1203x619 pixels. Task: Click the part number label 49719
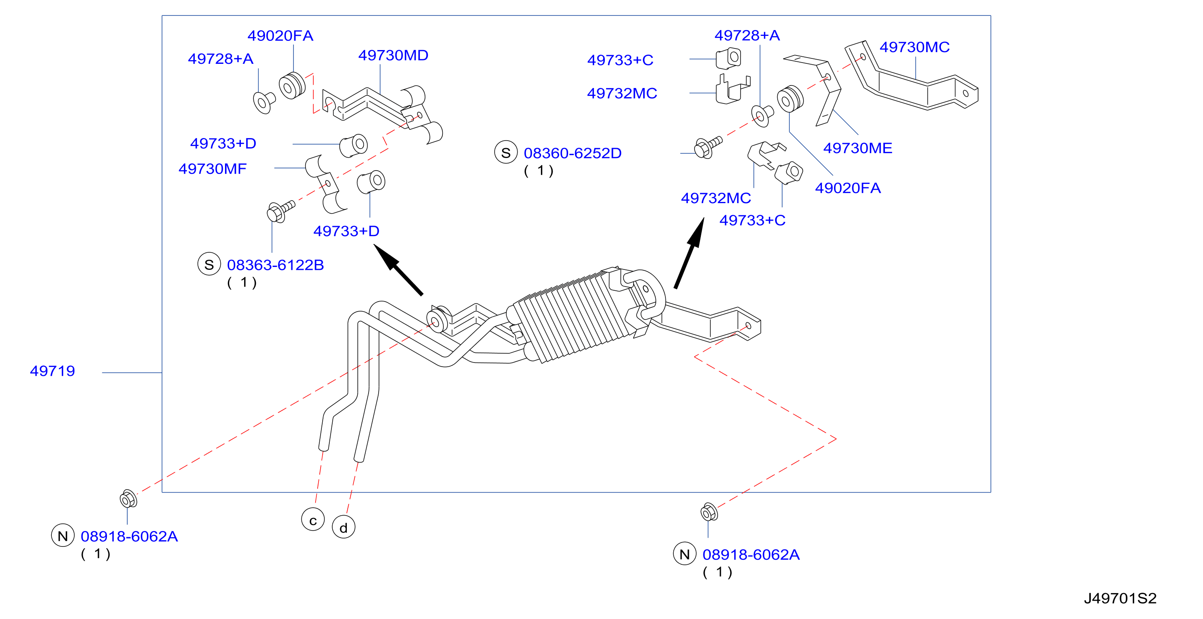coord(52,371)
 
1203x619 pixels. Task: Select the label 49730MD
coord(393,55)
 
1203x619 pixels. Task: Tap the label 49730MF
coord(212,169)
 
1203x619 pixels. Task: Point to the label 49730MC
coord(915,47)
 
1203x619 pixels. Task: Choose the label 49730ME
coord(857,148)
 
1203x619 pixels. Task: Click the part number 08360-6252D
coord(573,153)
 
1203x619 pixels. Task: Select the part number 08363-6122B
coord(275,265)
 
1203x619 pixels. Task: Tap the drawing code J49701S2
coord(1120,599)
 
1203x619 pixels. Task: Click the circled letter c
coord(313,520)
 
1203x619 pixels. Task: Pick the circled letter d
coord(344,527)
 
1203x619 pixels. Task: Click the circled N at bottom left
coord(63,536)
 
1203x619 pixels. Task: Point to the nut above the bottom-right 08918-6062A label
coord(709,512)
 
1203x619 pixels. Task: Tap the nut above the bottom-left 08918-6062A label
coord(128,499)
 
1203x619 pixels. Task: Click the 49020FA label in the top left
coord(280,36)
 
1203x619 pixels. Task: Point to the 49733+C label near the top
coord(620,60)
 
